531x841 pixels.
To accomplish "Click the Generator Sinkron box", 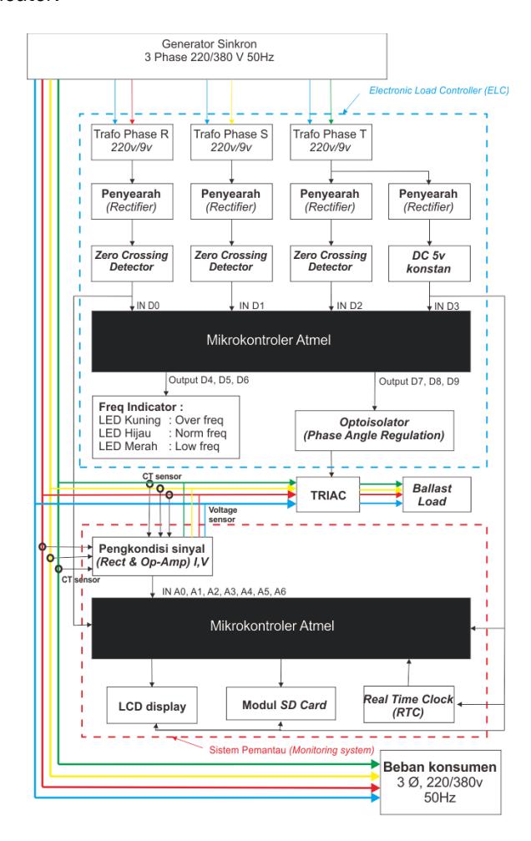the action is [207, 56].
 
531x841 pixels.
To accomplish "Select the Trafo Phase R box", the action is [132, 142].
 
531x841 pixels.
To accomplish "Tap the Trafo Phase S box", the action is [231, 142].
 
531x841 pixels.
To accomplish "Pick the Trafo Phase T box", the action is [331, 142].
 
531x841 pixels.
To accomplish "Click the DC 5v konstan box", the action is [429, 263].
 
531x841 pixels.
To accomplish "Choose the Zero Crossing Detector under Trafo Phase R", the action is [132, 263].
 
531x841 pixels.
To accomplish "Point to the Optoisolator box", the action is [374, 430].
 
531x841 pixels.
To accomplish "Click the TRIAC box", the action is [328, 495].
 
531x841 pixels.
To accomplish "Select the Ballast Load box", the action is [437, 495].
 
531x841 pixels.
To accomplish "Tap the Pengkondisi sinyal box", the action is [153, 556].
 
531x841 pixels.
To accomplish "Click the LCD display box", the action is [152, 706].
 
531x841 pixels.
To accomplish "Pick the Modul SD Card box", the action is [281, 704].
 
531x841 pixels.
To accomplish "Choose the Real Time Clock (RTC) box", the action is [409, 705].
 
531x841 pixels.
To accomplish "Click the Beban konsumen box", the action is [440, 783].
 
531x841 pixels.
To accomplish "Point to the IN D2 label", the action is [350, 306].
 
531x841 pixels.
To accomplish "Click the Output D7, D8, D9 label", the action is [419, 382].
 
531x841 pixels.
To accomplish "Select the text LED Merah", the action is [128, 446].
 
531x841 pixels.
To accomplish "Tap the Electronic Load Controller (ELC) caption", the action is [439, 90].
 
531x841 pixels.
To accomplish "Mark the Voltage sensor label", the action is [223, 514].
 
